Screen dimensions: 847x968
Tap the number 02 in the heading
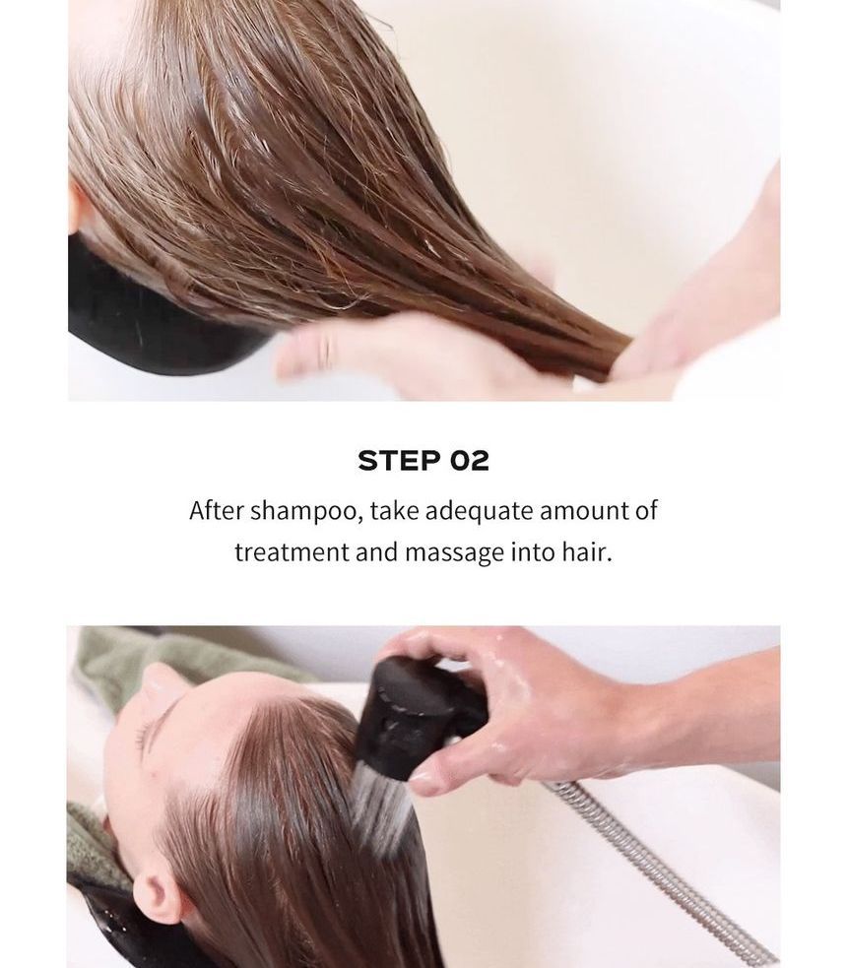tap(469, 461)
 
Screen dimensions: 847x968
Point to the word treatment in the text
tap(292, 551)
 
